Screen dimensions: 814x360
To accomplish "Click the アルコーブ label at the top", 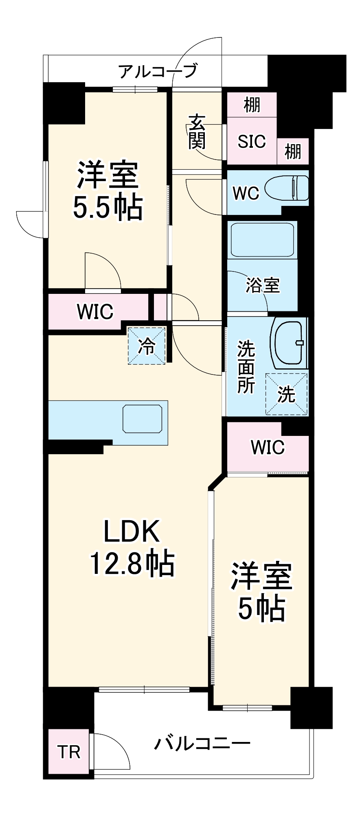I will point(158,72).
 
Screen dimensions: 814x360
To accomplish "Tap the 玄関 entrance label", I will point(197,131).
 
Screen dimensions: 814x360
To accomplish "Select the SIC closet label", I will point(252,141).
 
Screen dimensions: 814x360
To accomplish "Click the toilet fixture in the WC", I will point(287,188).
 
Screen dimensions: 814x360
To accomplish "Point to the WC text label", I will point(246,193).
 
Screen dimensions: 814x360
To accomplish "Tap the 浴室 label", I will point(263,285).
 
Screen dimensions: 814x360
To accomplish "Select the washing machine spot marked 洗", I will point(286,394).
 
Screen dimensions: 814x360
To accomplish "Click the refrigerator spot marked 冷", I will point(147,346).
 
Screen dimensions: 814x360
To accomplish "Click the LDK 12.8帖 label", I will point(132,547).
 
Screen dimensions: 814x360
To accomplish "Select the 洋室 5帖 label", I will point(261,592).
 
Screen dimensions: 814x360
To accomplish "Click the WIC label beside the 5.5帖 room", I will point(95,312).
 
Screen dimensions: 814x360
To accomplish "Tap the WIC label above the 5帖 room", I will point(268,447).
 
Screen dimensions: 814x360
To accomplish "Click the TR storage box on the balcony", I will point(68,752).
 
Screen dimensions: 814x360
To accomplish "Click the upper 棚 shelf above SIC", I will point(252,105).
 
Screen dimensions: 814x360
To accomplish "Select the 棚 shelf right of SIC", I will point(293,151).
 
